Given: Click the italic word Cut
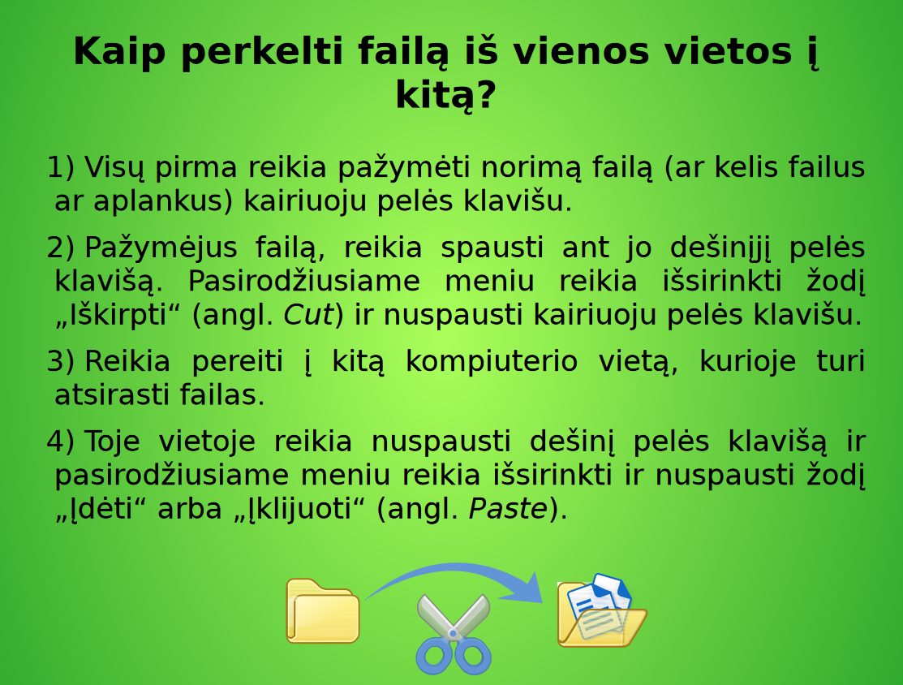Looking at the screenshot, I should [308, 315].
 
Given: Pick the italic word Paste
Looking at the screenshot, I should [508, 509].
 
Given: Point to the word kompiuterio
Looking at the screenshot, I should [491, 361].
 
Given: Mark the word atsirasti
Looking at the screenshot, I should [101, 395].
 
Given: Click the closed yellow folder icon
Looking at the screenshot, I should [322, 611].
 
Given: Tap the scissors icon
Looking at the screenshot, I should [453, 635].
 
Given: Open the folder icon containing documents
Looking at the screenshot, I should [599, 613].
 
